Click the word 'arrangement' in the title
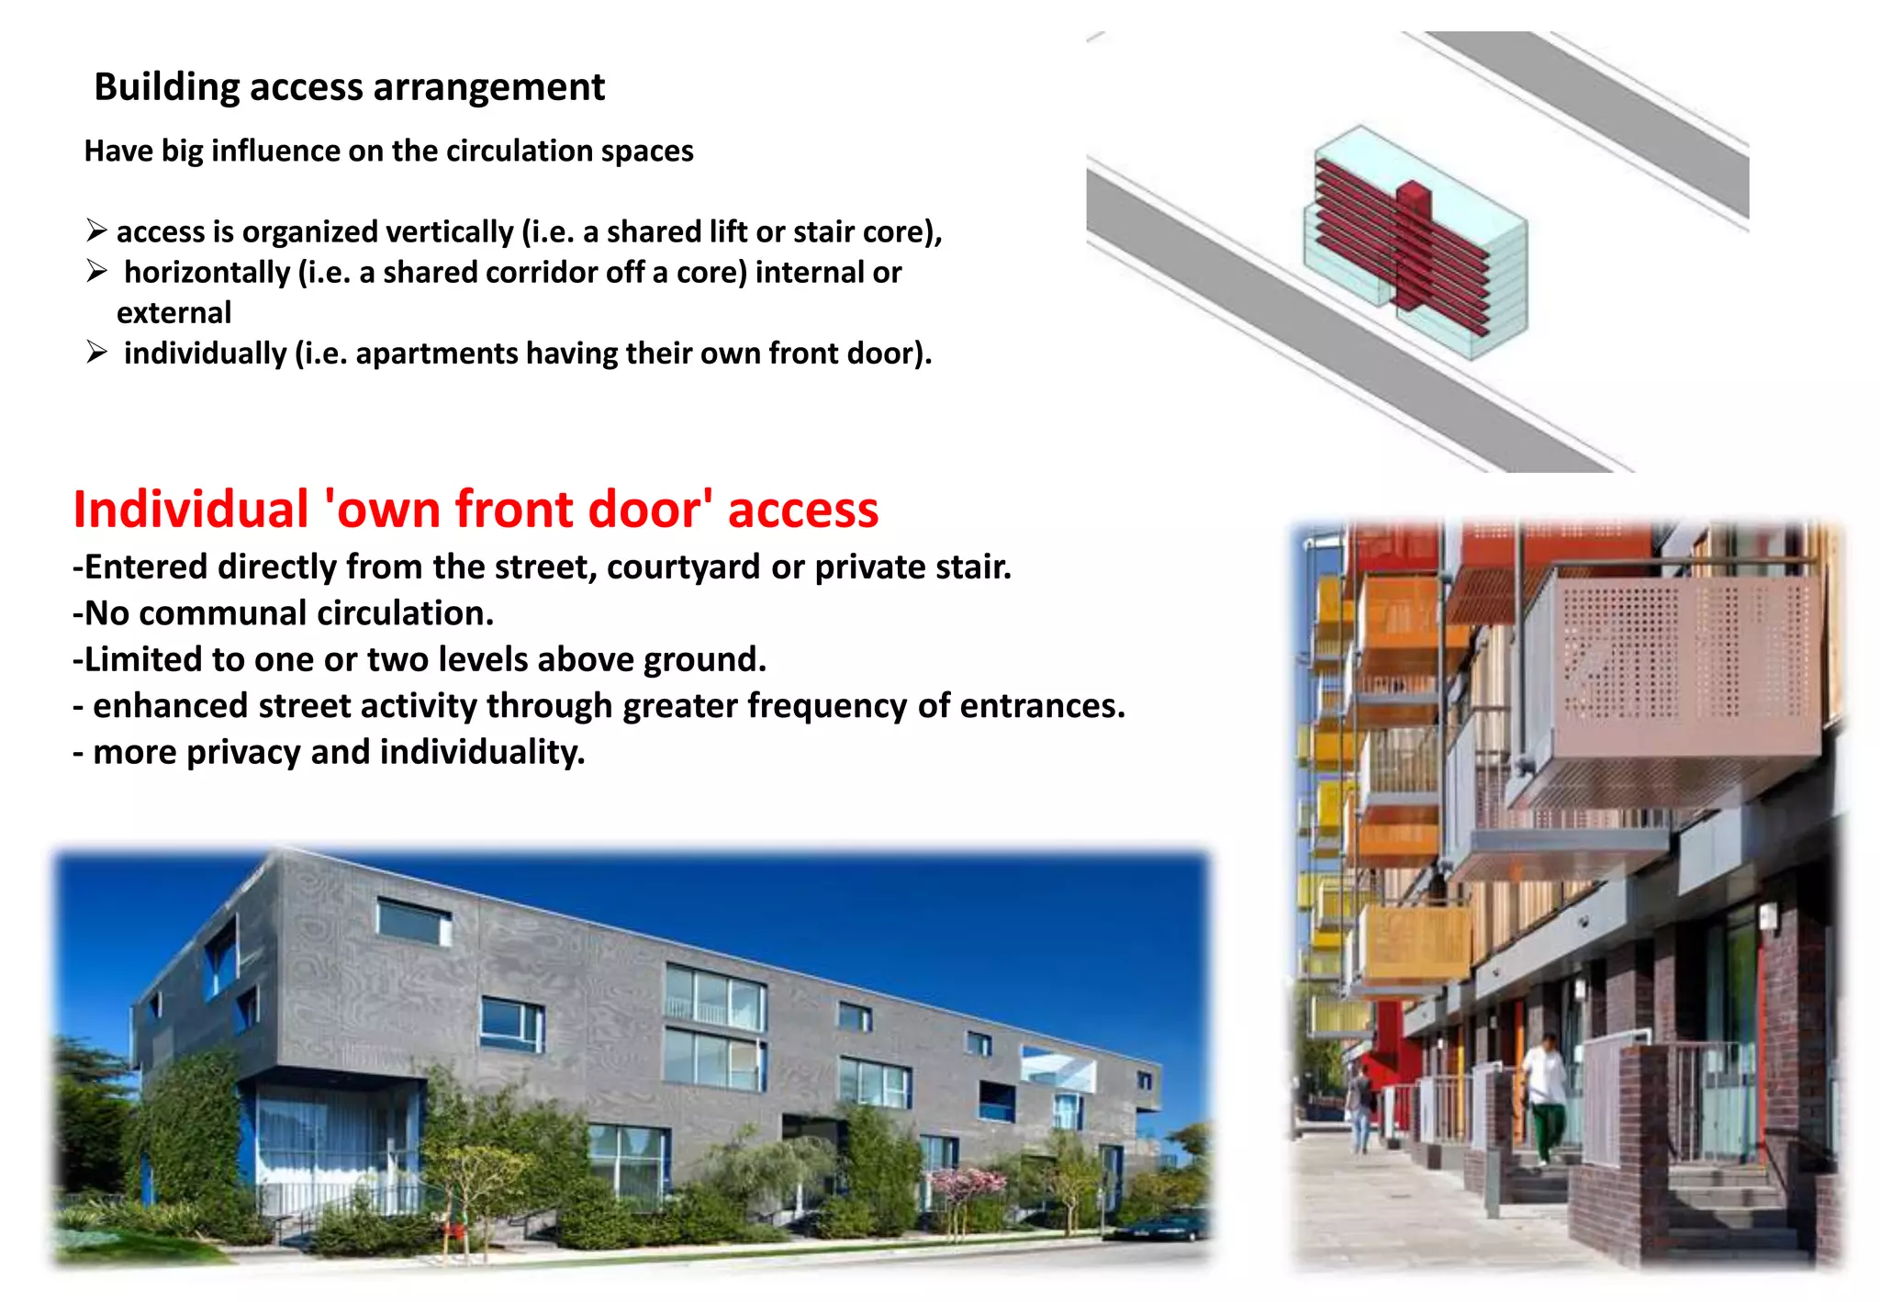(488, 88)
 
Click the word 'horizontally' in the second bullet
(207, 273)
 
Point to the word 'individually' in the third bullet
(205, 354)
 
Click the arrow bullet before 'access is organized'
(96, 230)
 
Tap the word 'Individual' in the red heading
(191, 510)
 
